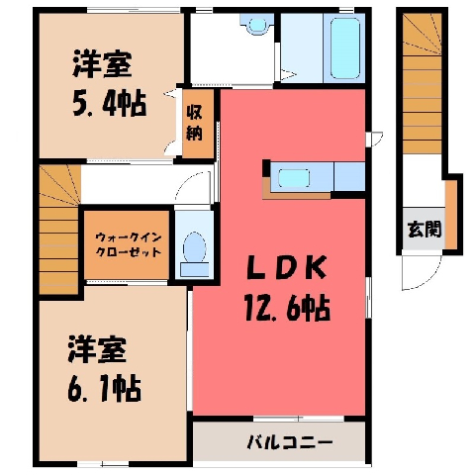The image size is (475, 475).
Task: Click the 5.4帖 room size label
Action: [110, 103]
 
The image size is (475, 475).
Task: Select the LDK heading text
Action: [287, 267]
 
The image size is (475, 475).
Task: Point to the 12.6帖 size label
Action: [287, 308]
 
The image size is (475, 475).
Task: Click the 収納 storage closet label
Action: [194, 123]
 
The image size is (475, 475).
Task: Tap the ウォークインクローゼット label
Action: [128, 244]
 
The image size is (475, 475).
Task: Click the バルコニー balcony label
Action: [290, 441]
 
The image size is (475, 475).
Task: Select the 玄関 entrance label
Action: [424, 230]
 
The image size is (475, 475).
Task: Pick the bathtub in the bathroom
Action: [344, 48]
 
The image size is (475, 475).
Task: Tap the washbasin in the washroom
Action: [257, 24]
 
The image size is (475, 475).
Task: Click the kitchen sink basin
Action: [294, 178]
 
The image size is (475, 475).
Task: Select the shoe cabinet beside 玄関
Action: [451, 215]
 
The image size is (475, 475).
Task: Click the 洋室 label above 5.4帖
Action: [102, 63]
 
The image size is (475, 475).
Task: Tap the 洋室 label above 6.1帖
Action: [98, 349]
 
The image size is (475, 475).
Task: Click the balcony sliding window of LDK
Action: [299, 419]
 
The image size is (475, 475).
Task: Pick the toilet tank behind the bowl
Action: [195, 270]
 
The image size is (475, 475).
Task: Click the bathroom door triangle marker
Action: [286, 74]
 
